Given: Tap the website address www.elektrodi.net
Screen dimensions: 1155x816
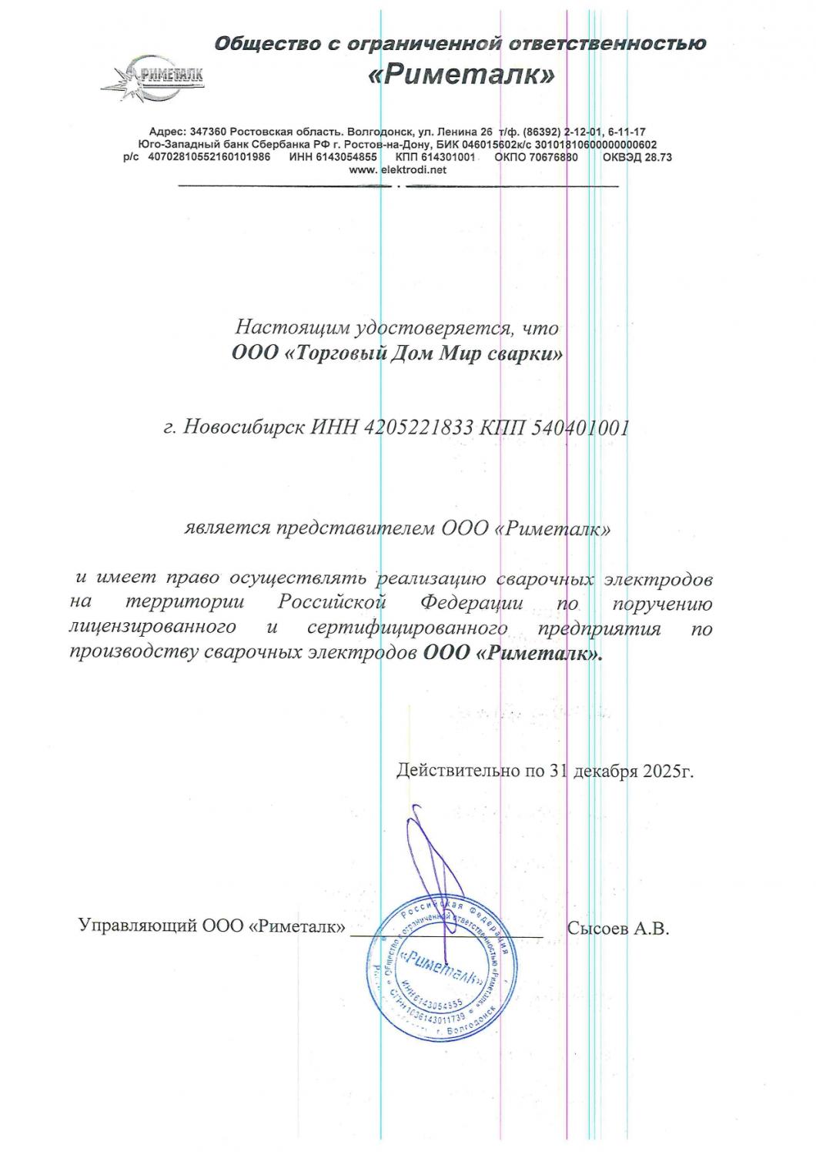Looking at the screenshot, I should click(397, 170).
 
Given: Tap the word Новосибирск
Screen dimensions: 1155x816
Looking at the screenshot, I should click(240, 428).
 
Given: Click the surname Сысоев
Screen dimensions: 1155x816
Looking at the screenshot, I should click(598, 928).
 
